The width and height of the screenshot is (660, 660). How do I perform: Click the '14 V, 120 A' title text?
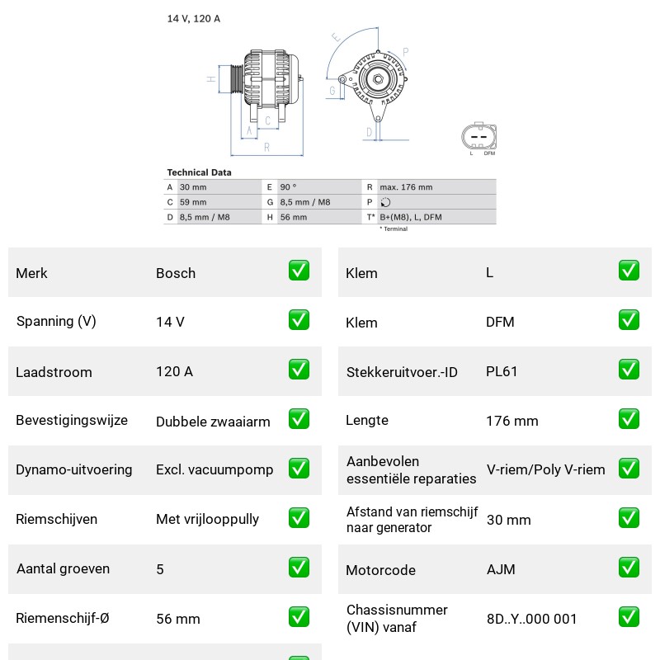coord(194,18)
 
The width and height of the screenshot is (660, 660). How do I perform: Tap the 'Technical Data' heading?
coord(199,172)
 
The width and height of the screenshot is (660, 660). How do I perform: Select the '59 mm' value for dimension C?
coord(193,202)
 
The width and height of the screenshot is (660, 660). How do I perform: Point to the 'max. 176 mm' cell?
coord(406,187)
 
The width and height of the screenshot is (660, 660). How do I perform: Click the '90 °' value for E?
coord(288,187)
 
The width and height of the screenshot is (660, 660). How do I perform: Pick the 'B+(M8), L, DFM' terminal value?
coord(411,217)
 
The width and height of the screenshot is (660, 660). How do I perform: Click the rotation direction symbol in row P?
coord(385,202)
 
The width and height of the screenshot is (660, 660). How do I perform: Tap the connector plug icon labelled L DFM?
coord(479,136)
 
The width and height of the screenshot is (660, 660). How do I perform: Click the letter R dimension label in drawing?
coord(266,148)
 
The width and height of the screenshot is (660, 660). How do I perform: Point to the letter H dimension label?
coord(211,78)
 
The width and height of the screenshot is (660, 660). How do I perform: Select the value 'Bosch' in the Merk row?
coord(176,273)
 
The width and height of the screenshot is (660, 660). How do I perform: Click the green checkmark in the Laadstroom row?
coord(299,370)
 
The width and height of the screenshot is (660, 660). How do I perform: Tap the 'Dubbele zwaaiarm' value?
coord(213,422)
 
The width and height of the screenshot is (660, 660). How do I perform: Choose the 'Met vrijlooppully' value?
coord(208,519)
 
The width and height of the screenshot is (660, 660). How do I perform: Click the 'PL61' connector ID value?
coord(502,371)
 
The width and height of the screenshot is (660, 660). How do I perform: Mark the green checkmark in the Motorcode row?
coord(629,568)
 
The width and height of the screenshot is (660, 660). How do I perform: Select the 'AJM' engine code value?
coord(501,569)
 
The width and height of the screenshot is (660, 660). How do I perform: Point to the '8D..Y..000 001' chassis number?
coord(531,619)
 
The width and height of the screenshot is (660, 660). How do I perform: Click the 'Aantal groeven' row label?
coord(64,568)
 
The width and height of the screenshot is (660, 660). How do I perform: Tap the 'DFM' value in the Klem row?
coord(500,322)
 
